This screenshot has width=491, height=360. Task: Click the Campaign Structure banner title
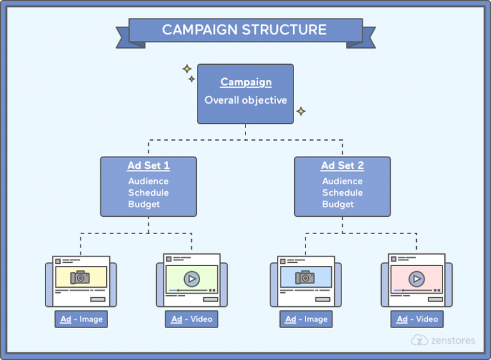click(x=244, y=29)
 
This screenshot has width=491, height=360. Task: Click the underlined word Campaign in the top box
click(x=245, y=82)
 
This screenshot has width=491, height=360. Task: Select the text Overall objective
click(x=245, y=100)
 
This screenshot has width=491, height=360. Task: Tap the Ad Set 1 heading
click(x=148, y=166)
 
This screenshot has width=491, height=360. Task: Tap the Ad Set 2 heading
click(x=342, y=166)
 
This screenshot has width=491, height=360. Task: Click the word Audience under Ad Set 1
click(x=148, y=181)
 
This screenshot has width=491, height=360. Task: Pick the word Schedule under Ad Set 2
click(x=342, y=192)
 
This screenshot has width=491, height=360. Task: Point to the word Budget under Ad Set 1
click(x=144, y=205)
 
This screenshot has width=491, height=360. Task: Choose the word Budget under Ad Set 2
click(x=338, y=205)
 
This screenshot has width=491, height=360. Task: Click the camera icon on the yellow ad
click(x=81, y=277)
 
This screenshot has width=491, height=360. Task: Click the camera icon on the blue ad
click(x=305, y=277)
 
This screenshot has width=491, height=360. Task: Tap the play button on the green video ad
click(x=191, y=279)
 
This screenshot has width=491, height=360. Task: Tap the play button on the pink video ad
click(x=416, y=279)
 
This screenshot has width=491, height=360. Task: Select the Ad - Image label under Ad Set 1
click(x=81, y=319)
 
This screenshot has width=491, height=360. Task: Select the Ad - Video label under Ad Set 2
click(x=417, y=319)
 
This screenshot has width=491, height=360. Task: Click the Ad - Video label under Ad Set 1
click(x=192, y=319)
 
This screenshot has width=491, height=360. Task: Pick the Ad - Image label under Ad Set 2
click(x=306, y=319)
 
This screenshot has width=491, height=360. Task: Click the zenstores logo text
click(x=453, y=340)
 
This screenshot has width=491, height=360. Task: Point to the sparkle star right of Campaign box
click(x=300, y=111)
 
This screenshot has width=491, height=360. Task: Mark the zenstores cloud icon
click(x=419, y=340)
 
